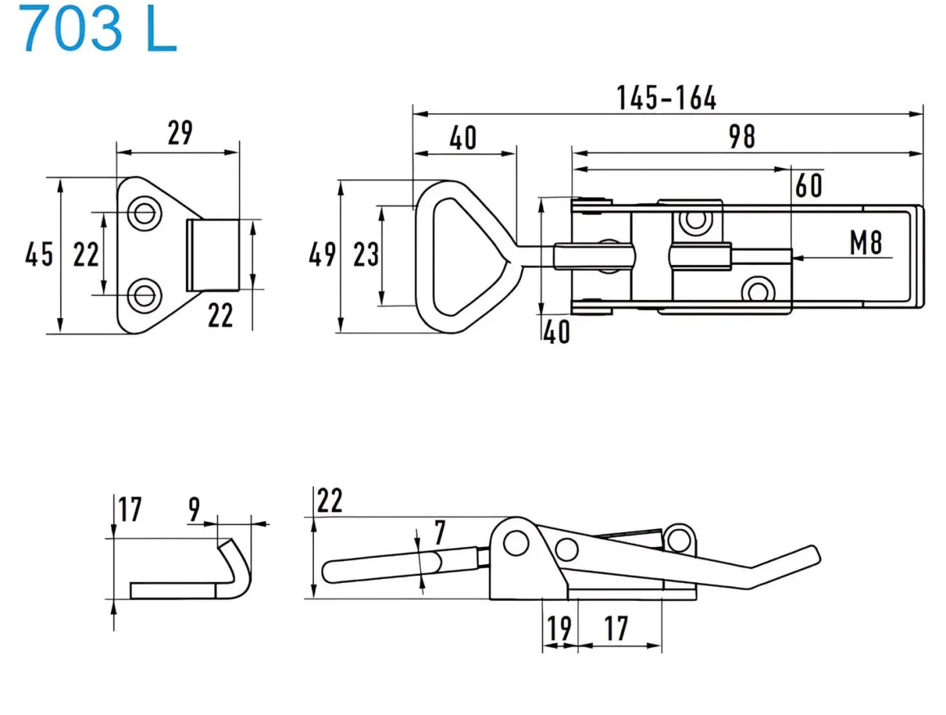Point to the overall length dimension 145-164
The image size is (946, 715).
click(666, 99)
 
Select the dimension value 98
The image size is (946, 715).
click(742, 136)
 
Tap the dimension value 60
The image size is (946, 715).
click(808, 186)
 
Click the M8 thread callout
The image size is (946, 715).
click(866, 243)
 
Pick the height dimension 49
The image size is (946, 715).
click(322, 255)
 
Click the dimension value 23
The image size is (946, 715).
click(366, 255)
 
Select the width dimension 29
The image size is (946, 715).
click(179, 133)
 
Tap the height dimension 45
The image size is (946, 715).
click(38, 255)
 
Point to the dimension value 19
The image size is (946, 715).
click(559, 629)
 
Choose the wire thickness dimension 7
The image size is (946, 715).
click(440, 534)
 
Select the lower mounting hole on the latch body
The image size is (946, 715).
click(759, 289)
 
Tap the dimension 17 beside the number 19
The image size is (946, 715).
click(617, 629)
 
